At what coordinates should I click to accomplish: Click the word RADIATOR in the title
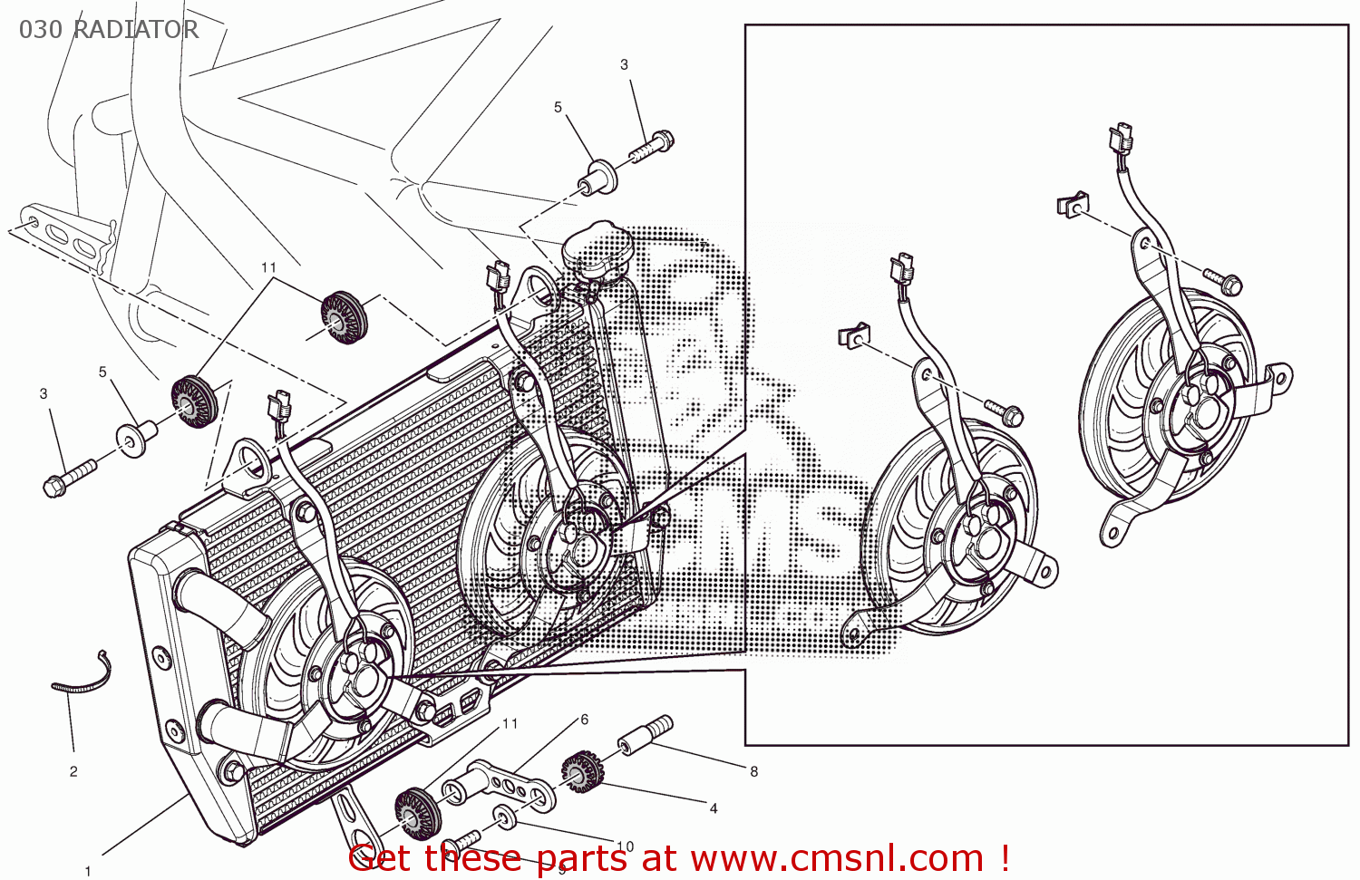click(x=135, y=30)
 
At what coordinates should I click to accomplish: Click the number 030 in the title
click(x=41, y=30)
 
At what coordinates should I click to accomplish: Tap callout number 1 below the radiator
click(x=88, y=871)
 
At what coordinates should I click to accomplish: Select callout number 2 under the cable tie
click(x=73, y=771)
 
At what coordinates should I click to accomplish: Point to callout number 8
click(x=753, y=771)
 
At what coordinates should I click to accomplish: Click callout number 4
click(x=714, y=807)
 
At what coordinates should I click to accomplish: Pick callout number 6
click(x=584, y=720)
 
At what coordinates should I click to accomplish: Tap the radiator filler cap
click(x=595, y=245)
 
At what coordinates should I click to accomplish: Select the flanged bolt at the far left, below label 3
click(x=67, y=479)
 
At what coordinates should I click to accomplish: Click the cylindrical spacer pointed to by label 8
click(x=646, y=734)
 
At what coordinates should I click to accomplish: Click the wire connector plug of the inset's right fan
click(x=1122, y=138)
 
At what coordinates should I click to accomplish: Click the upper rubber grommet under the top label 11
click(x=344, y=318)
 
